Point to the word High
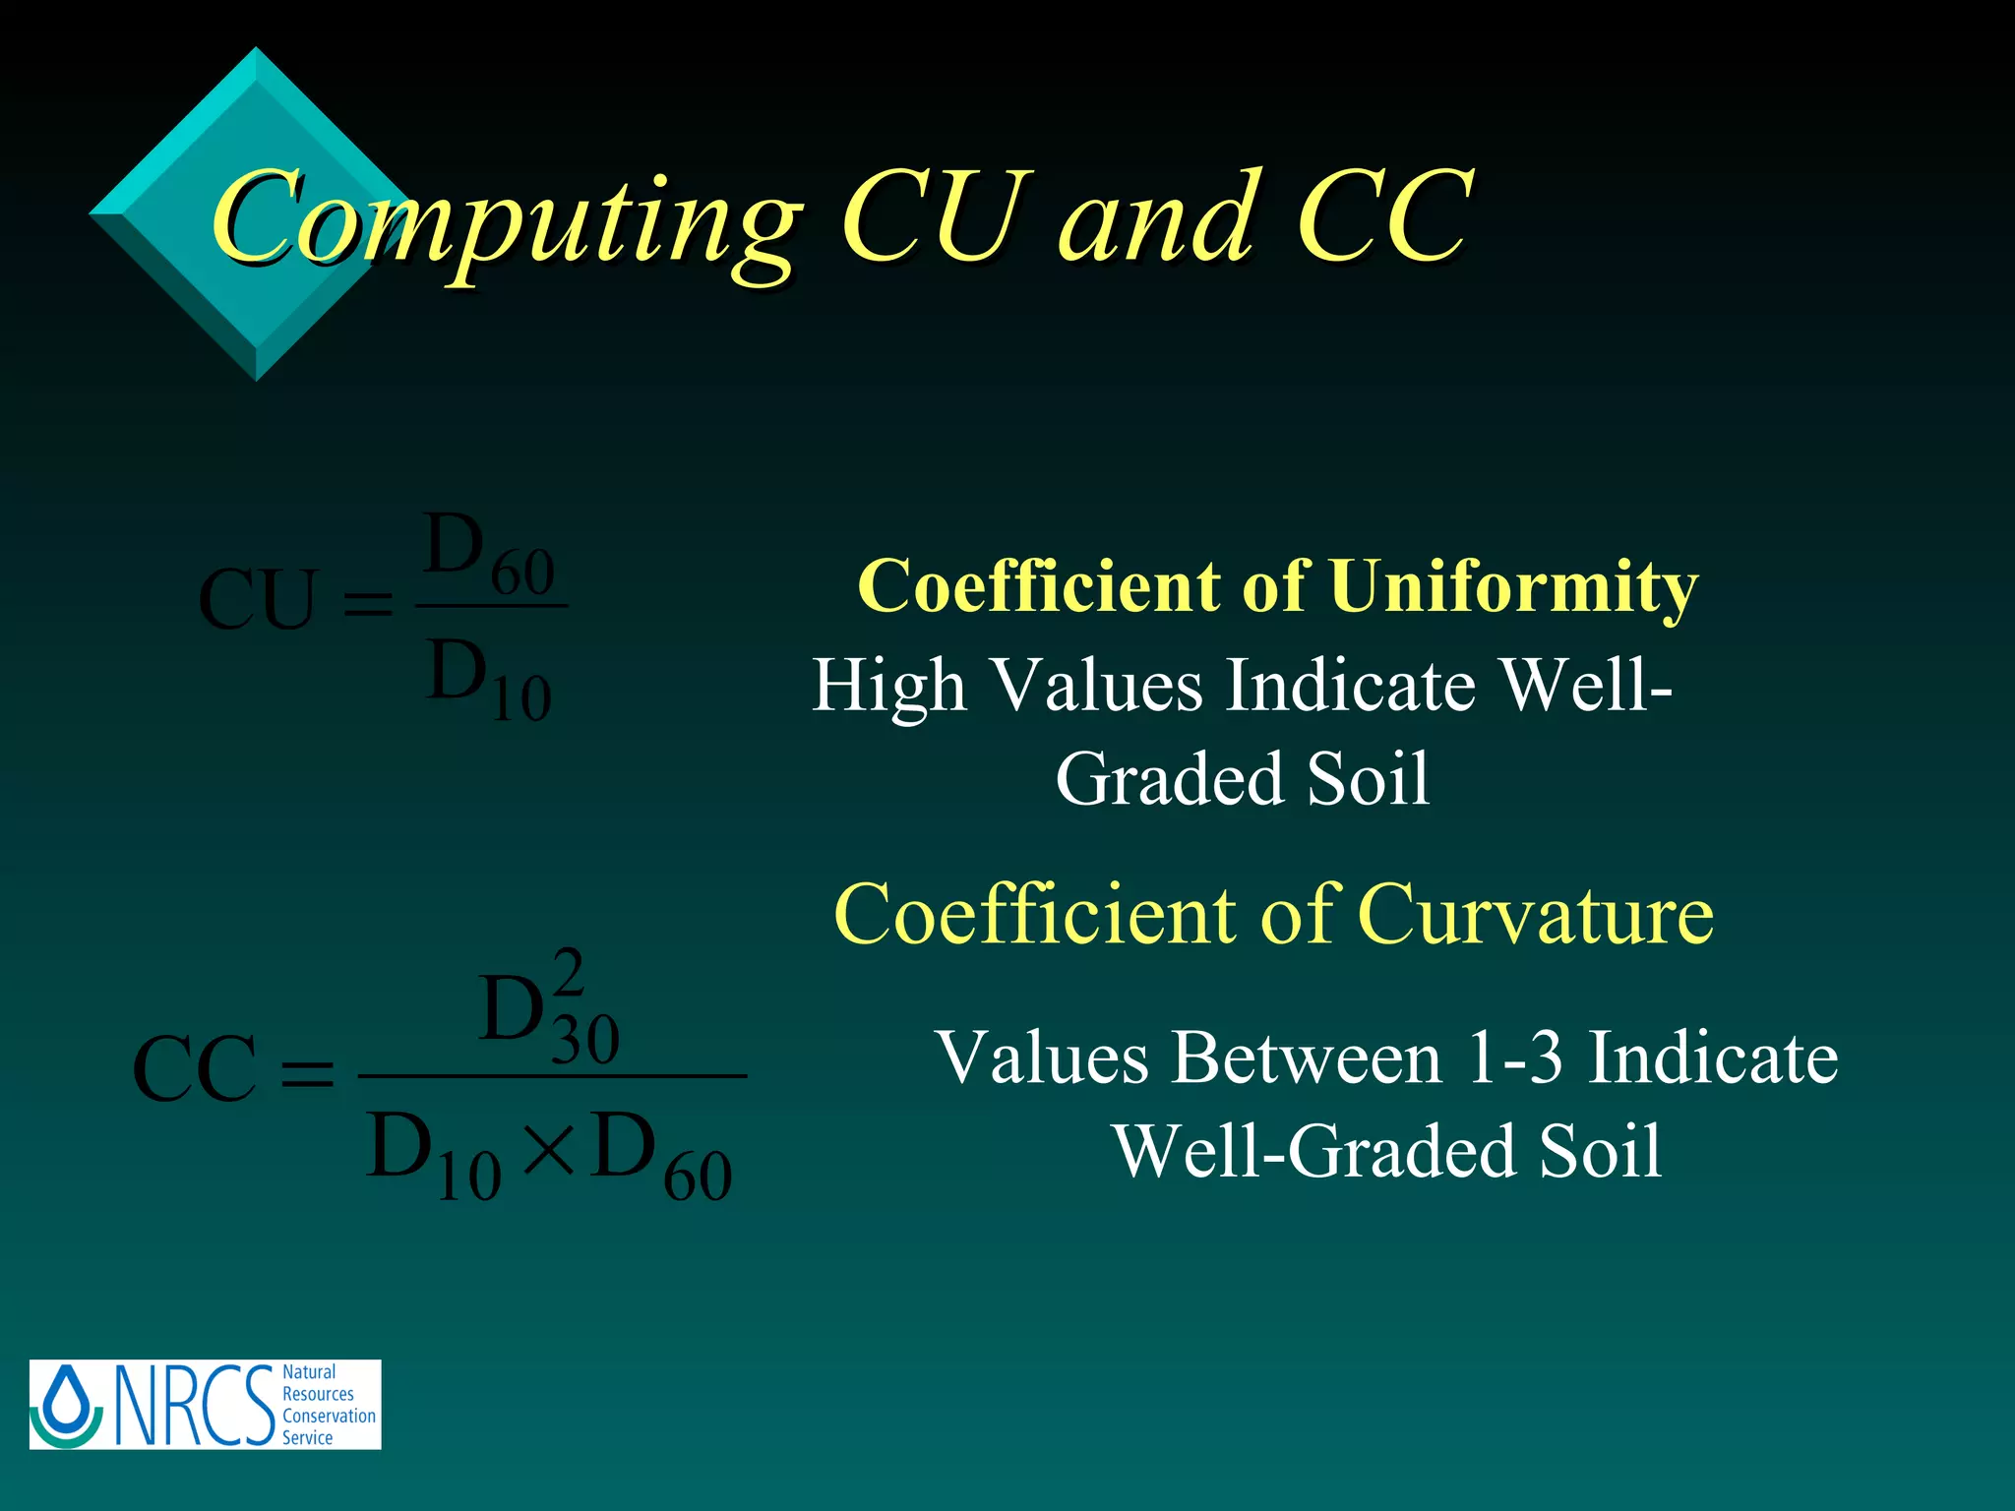pyautogui.click(x=888, y=686)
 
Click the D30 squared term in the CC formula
pyautogui.click(x=547, y=1013)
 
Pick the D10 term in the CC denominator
pyautogui.click(x=433, y=1155)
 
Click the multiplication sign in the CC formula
pyautogui.click(x=548, y=1149)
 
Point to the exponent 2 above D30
pyautogui.click(x=569, y=972)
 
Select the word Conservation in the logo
pyautogui.click(x=329, y=1416)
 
